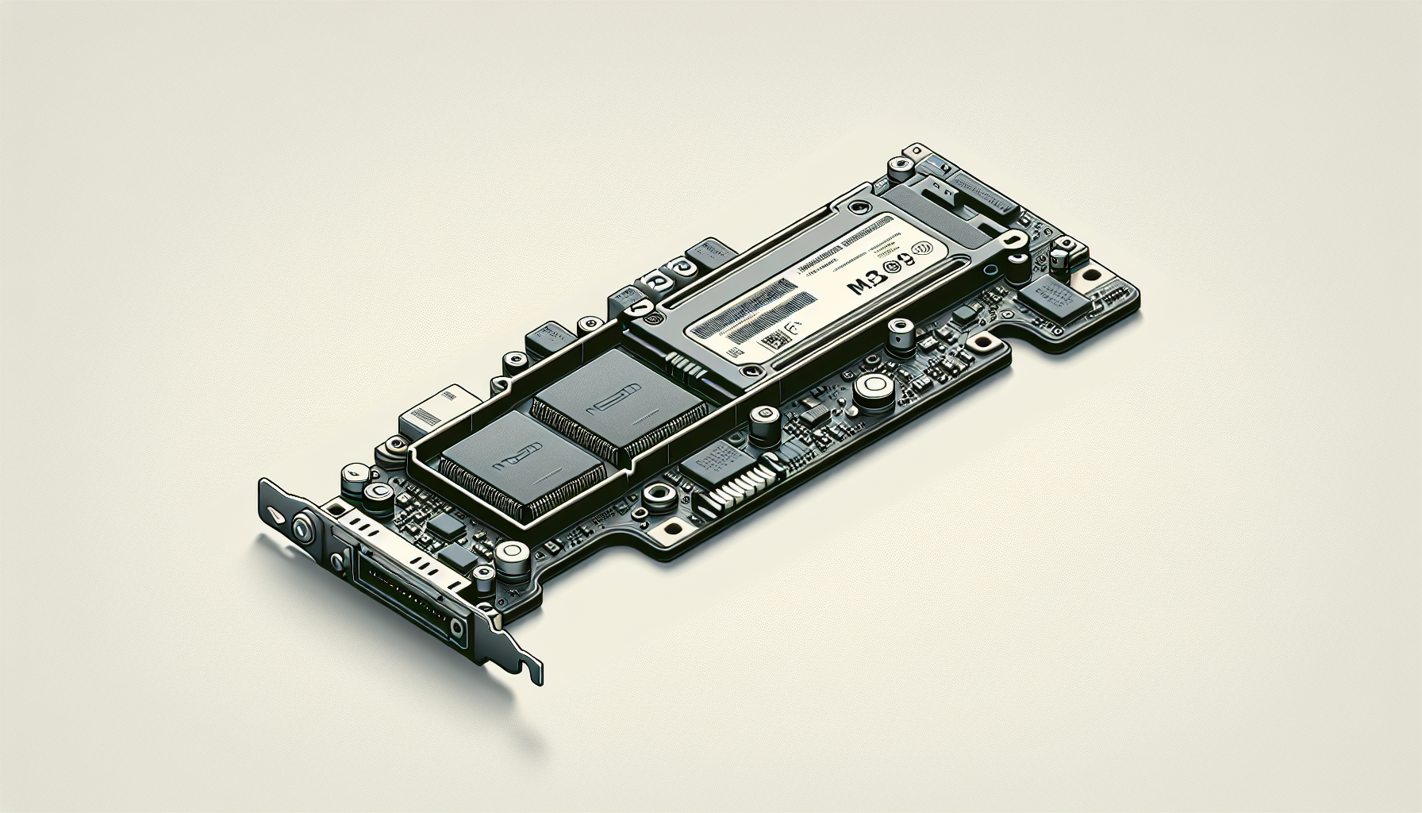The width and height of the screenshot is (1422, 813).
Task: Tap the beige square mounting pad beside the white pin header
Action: pyautogui.click(x=675, y=527)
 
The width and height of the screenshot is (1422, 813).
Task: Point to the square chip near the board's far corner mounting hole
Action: pyautogui.click(x=1046, y=297)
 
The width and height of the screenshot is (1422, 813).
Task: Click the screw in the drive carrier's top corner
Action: pyautogui.click(x=854, y=208)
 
